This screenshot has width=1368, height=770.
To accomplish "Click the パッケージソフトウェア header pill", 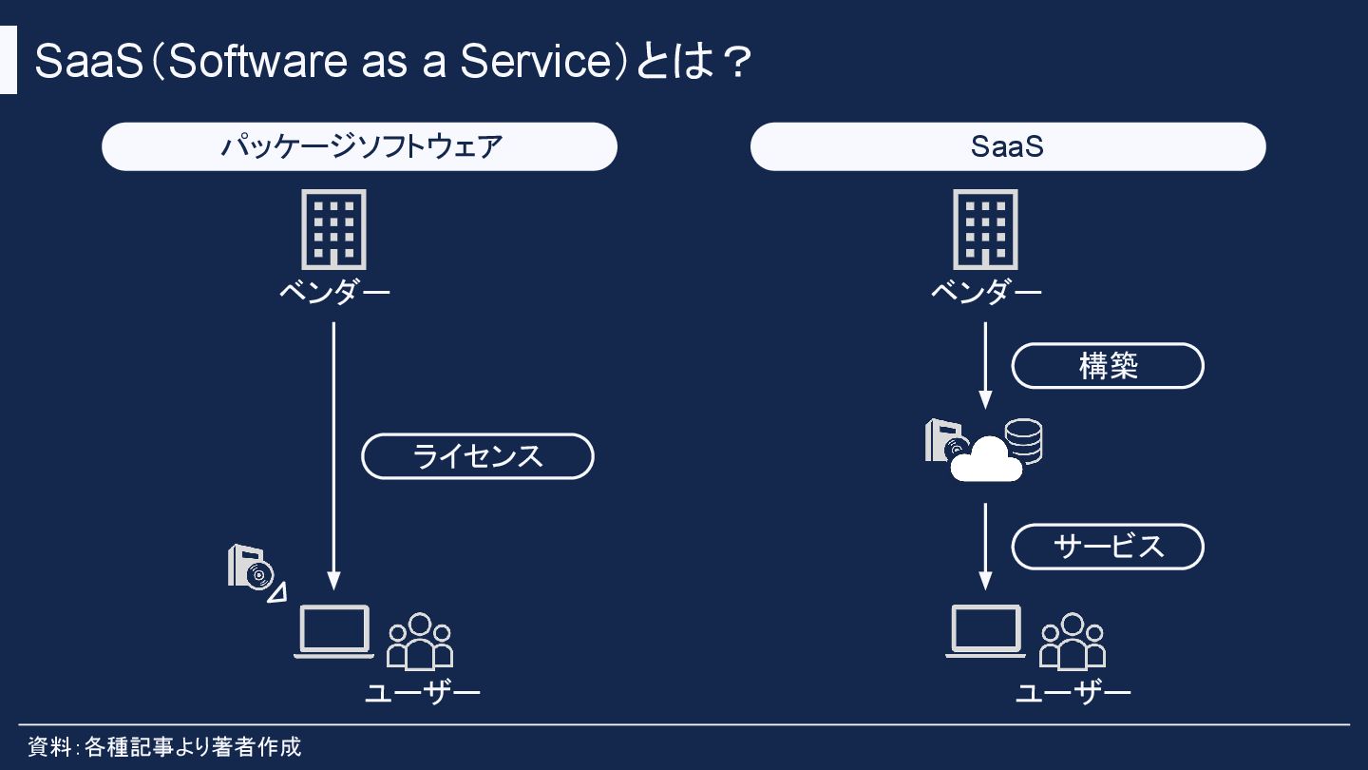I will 359,146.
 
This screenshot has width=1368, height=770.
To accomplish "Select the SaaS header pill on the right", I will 1007,146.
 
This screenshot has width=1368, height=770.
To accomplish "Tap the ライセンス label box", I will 477,456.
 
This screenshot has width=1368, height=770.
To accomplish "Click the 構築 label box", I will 1107,366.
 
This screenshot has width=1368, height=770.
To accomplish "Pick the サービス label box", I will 1107,547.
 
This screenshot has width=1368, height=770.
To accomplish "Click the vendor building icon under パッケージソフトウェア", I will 333,229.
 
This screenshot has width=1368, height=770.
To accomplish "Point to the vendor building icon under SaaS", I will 985,229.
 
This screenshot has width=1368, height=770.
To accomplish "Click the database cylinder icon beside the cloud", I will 1024,440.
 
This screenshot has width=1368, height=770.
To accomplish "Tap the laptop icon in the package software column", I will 333,631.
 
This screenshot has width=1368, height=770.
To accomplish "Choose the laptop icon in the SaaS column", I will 985,631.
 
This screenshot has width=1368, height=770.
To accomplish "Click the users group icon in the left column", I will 420,642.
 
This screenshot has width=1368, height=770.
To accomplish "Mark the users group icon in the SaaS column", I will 1073,642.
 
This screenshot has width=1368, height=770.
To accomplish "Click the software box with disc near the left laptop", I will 250,568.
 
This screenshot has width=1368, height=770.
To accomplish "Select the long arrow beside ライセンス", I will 333,456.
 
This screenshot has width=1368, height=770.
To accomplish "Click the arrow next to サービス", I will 985,547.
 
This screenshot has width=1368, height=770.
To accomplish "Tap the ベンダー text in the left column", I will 333,291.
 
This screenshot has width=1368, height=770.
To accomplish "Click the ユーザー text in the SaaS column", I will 1073,692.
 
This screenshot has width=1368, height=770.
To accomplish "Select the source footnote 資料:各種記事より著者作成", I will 164,746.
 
